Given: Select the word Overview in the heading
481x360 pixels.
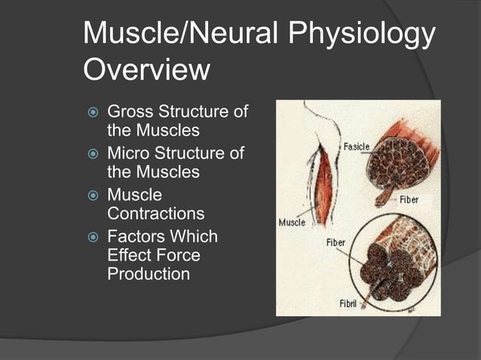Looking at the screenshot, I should point(146,70).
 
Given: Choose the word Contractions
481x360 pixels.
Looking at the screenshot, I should point(156,214).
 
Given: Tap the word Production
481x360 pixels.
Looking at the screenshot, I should point(149,274).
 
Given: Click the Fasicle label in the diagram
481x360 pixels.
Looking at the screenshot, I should point(357,145).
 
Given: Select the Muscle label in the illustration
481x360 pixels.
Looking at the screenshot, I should point(293,222).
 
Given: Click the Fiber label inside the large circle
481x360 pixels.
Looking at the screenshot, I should point(335,243).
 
